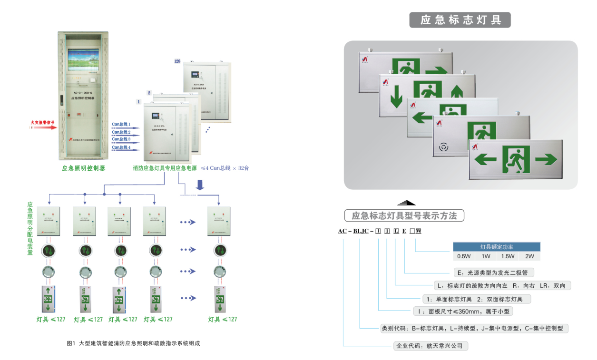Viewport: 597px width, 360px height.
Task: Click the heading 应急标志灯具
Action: tap(460, 19)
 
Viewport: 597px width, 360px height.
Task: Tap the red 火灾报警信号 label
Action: tap(43, 122)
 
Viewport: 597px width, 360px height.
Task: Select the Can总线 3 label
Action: tap(121, 139)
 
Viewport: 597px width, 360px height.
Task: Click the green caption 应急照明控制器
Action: tap(84, 168)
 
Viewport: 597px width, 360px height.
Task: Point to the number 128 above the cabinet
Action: tap(177, 61)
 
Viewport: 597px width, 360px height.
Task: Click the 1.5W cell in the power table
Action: tap(508, 256)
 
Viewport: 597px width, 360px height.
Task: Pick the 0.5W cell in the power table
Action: tap(464, 256)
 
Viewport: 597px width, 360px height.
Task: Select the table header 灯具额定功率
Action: tap(497, 247)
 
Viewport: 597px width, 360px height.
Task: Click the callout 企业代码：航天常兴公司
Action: tap(429, 346)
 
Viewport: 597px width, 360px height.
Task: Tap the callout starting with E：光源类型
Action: tap(493, 272)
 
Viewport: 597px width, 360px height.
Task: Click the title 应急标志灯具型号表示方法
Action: tap(404, 216)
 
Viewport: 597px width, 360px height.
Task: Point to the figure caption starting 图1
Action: tap(134, 343)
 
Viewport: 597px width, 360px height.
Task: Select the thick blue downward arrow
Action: tap(200, 184)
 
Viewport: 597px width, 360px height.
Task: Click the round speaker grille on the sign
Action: tap(443, 148)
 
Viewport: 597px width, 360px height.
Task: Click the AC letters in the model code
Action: tap(343, 232)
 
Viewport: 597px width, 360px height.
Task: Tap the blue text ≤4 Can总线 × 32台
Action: tap(225, 168)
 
